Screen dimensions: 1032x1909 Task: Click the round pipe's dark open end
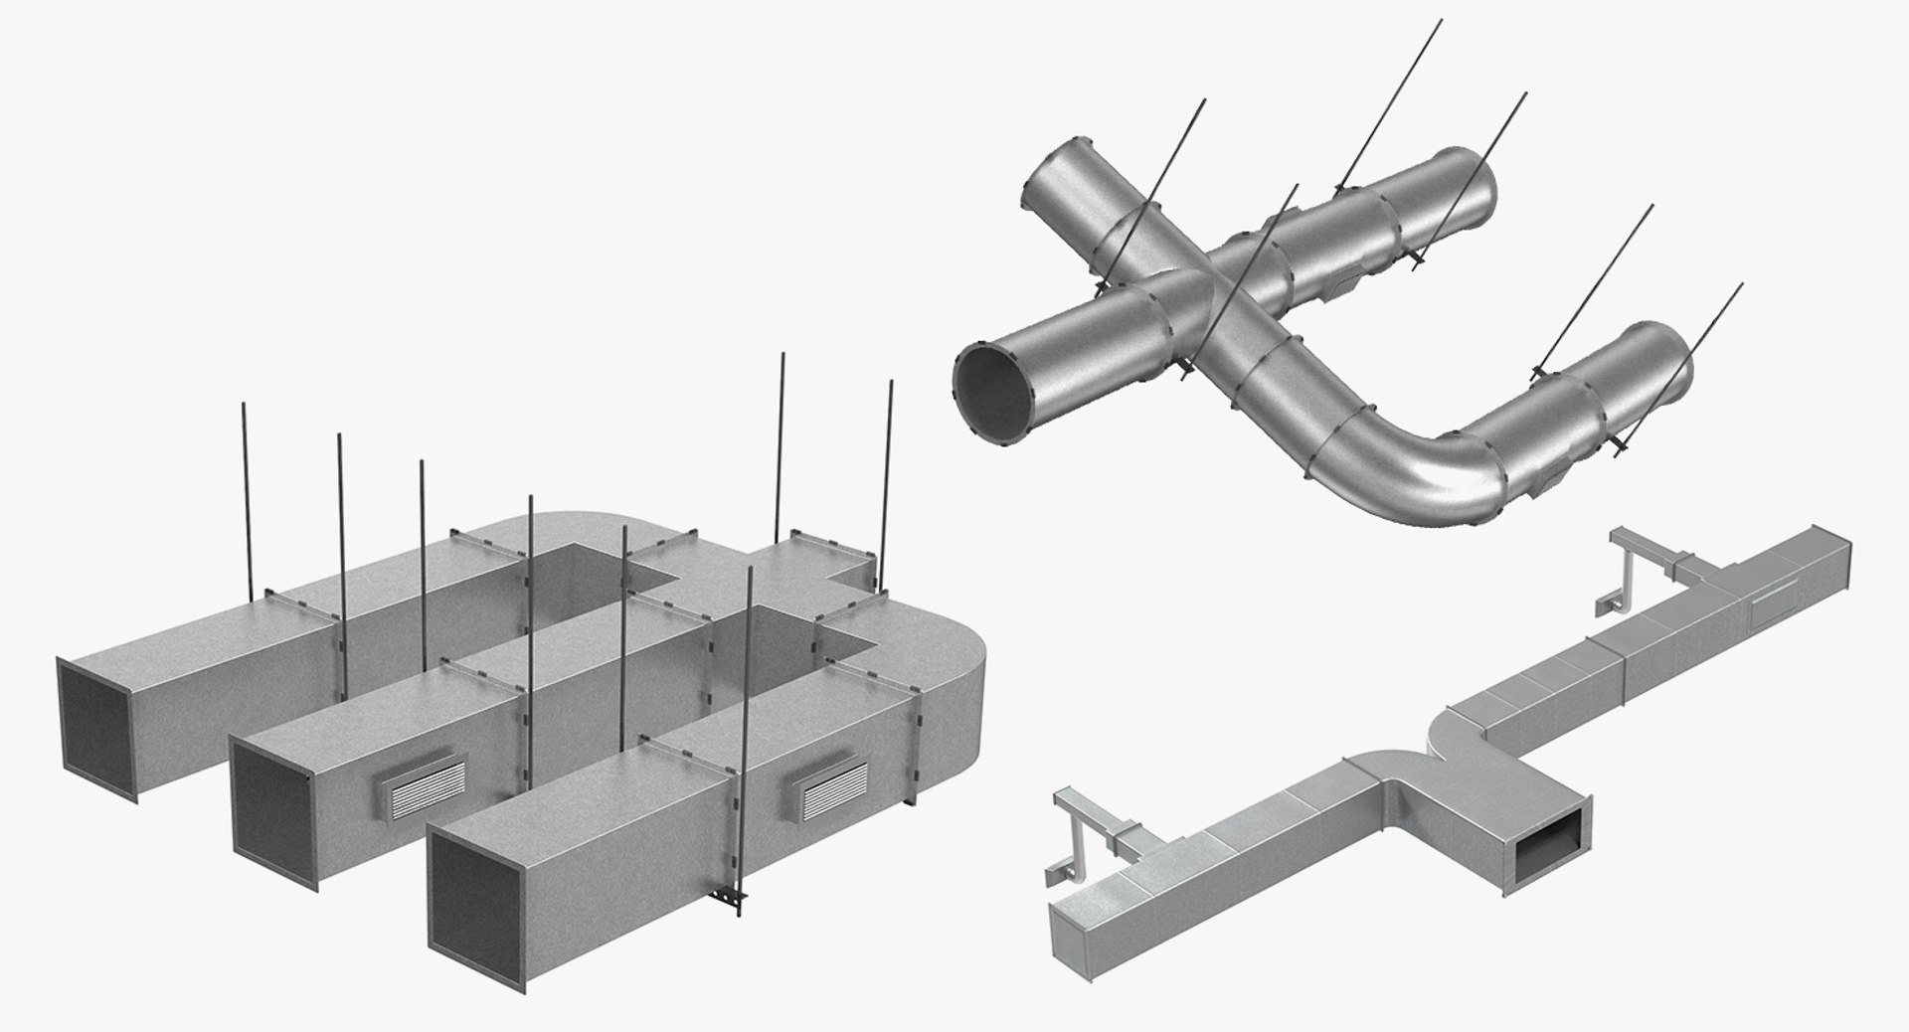coord(994,389)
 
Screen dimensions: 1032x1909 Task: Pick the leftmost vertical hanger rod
coord(245,497)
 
